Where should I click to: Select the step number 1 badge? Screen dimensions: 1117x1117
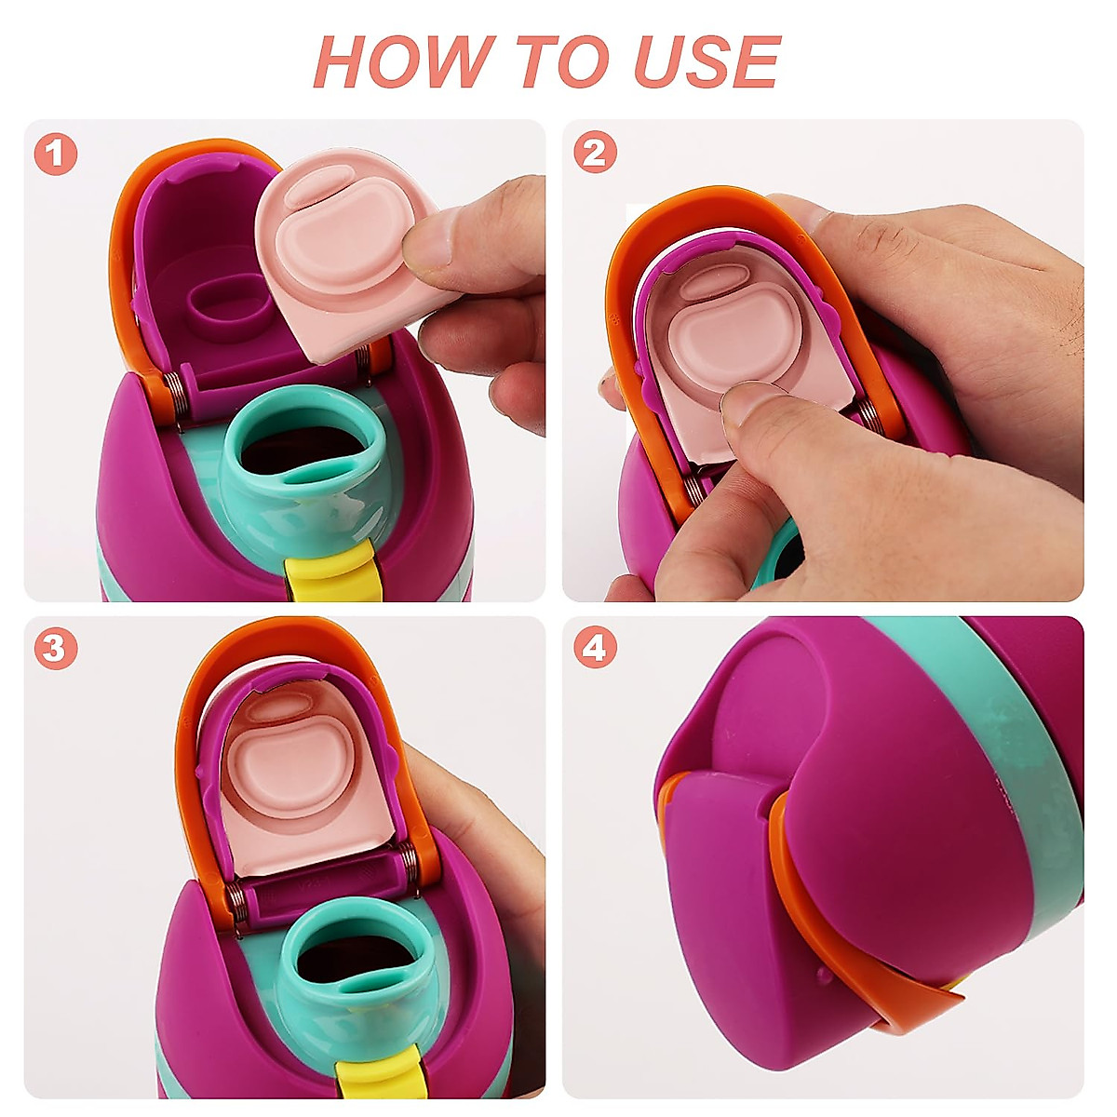pyautogui.click(x=56, y=155)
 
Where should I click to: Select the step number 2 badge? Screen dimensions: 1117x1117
pyautogui.click(x=595, y=153)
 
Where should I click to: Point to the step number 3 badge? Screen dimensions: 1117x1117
pyautogui.click(x=55, y=648)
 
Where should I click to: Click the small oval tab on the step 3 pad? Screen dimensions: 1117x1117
pyautogui.click(x=279, y=707)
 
